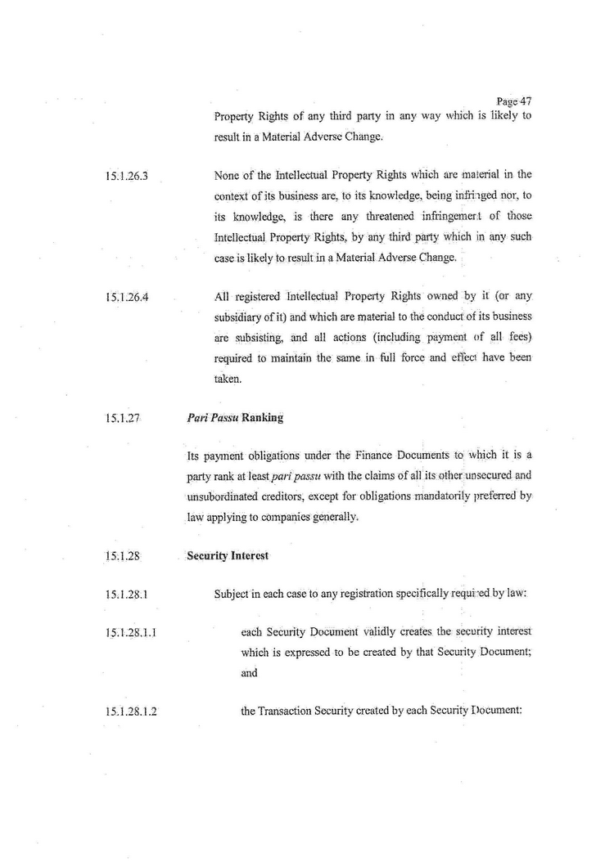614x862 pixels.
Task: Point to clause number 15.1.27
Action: pos(120,418)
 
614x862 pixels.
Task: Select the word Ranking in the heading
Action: pos(262,418)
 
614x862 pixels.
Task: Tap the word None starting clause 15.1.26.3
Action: pos(227,174)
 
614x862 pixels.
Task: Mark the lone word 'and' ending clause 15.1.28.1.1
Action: pos(249,674)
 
